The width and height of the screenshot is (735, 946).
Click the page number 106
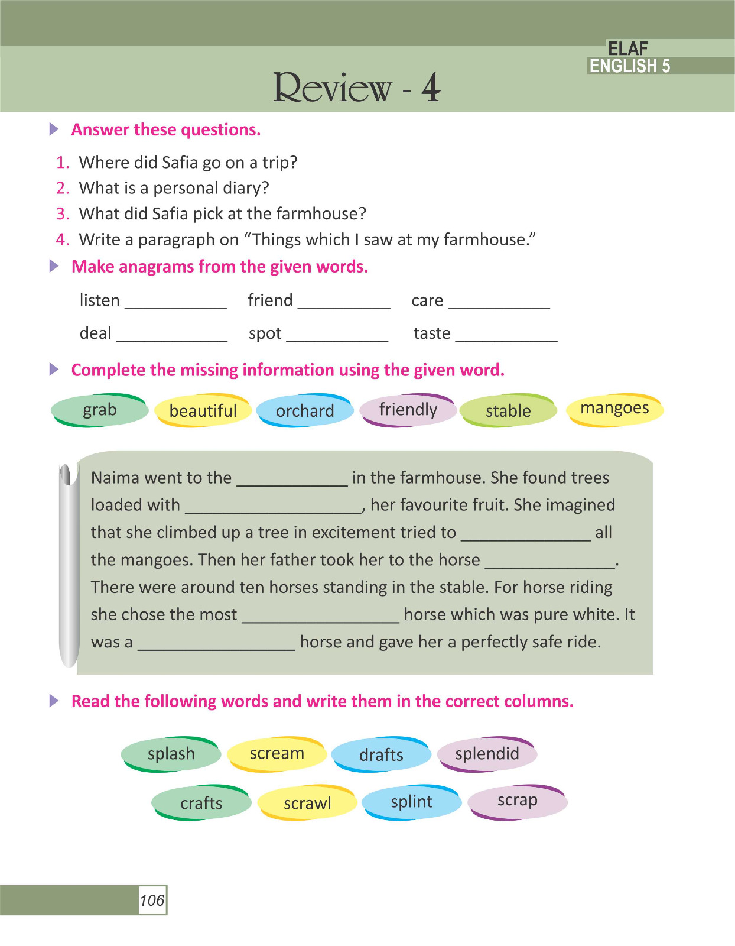tap(152, 900)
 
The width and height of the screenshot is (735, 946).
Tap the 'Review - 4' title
tap(356, 88)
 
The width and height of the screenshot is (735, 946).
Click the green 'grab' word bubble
tap(99, 410)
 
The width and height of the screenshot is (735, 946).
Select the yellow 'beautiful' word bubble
tap(203, 410)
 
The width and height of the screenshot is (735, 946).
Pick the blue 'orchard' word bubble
tap(305, 410)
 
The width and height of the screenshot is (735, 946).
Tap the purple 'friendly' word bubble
tap(408, 409)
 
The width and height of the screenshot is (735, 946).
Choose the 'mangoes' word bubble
tap(614, 409)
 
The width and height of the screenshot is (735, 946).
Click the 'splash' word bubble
tap(171, 754)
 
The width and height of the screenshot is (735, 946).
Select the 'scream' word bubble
tap(277, 753)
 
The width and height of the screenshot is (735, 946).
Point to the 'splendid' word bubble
tap(487, 753)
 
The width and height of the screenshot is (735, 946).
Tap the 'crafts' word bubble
tap(201, 803)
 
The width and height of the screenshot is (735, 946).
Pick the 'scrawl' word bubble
tap(307, 803)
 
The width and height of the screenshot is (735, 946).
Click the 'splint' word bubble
tap(411, 802)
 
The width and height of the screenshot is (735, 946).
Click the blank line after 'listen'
tap(175, 305)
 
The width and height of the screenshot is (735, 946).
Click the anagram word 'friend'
tap(270, 300)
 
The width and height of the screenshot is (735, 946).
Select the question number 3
tap(63, 213)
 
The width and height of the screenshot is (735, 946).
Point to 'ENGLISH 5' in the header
tap(630, 66)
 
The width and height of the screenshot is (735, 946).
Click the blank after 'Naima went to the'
tap(292, 481)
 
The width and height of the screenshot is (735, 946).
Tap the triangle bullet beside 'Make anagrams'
tap(54, 266)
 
